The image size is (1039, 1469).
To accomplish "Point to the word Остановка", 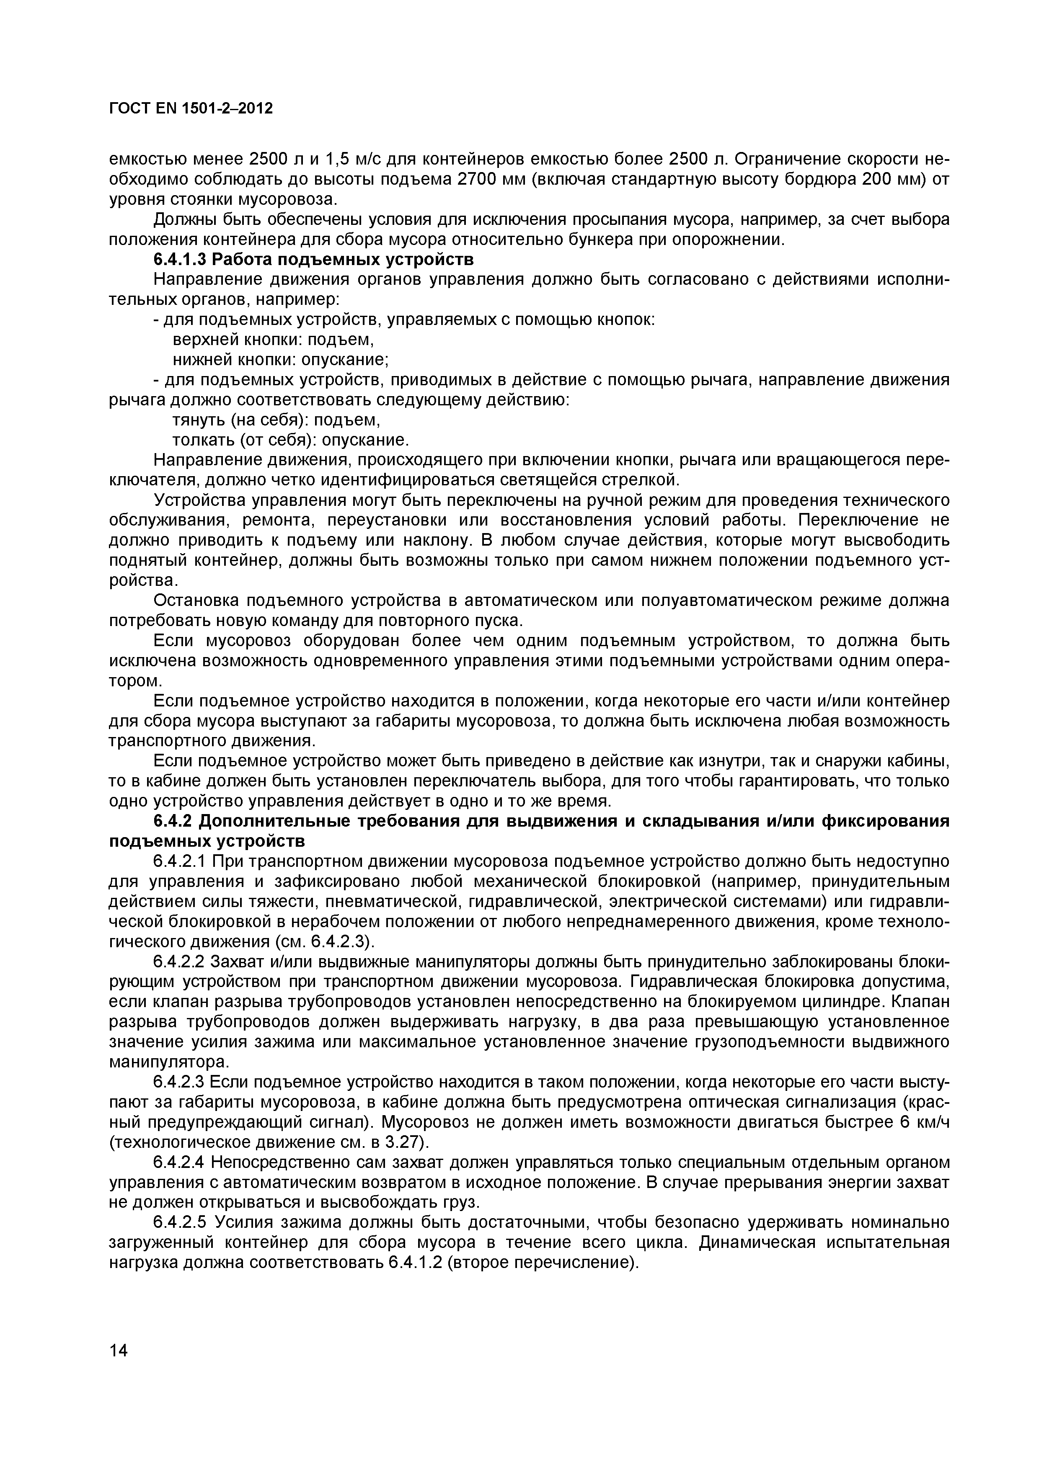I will click(x=196, y=601).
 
